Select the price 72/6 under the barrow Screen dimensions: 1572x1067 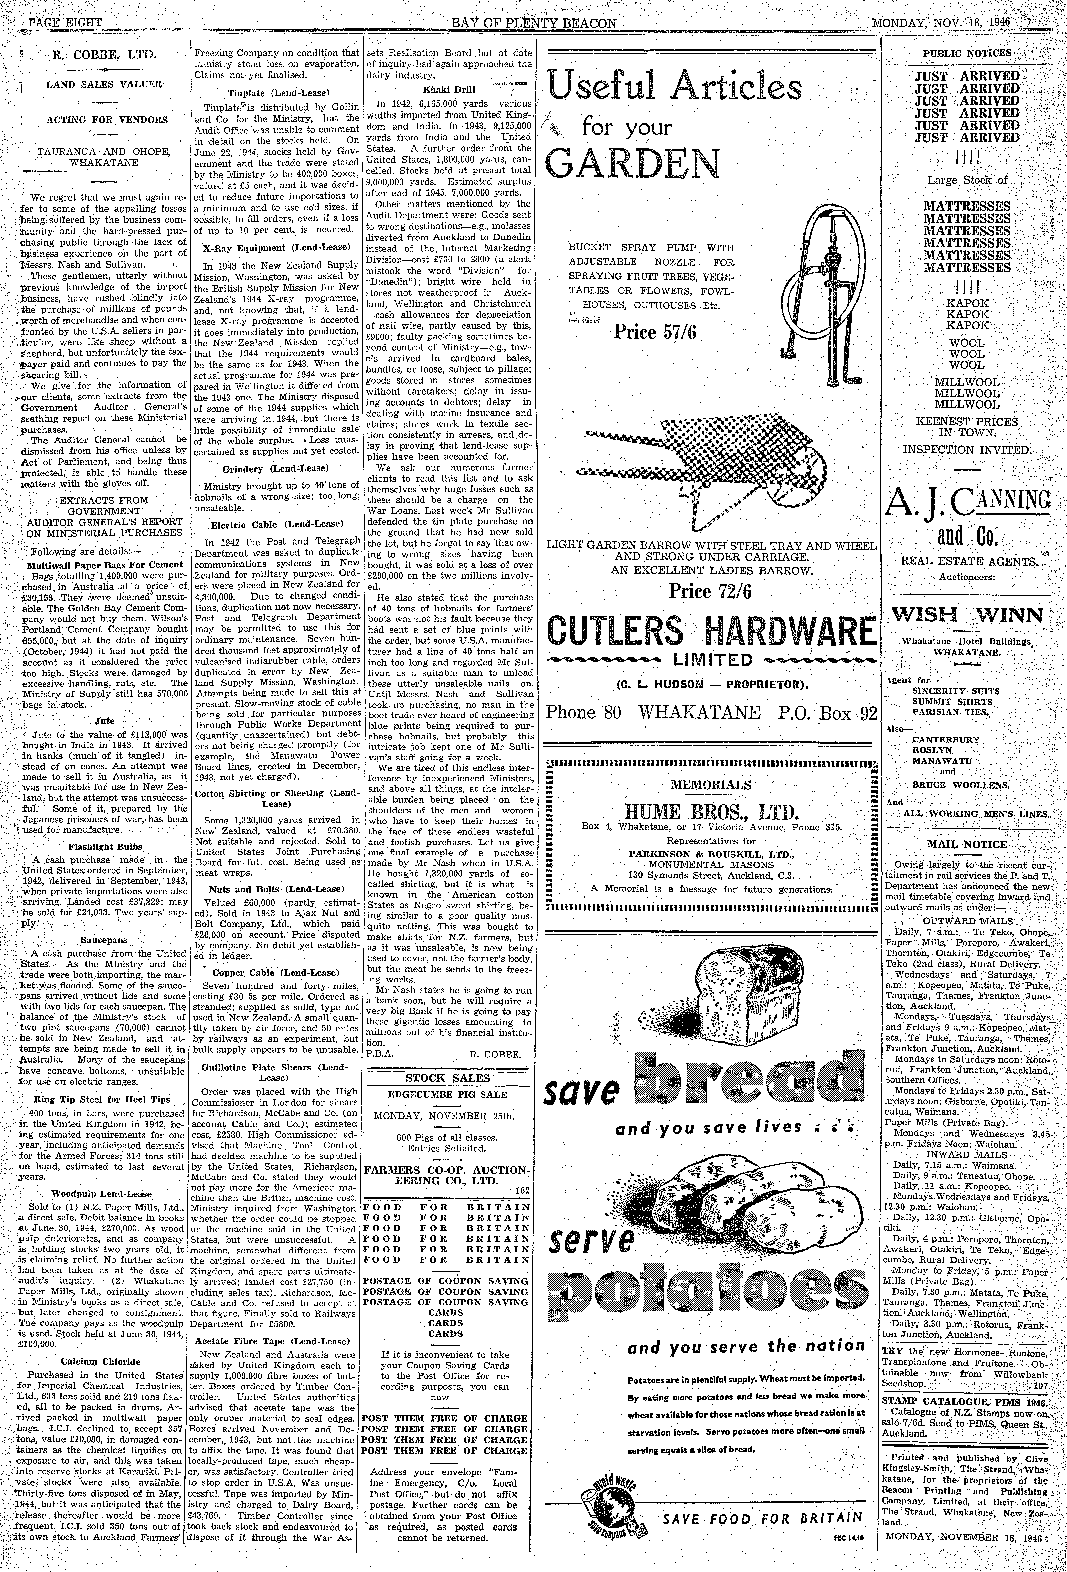[710, 592]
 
